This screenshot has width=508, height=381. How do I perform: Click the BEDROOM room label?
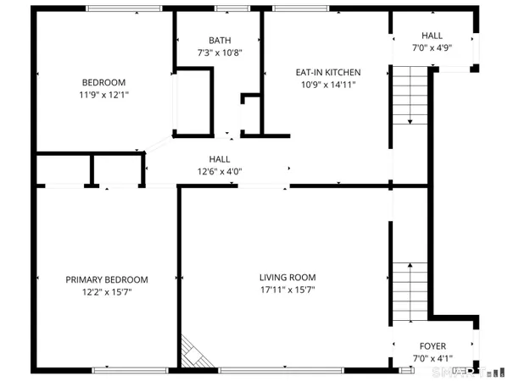(x=103, y=82)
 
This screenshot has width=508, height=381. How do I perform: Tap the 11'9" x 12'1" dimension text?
(x=103, y=95)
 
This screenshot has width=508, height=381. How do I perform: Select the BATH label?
(x=220, y=41)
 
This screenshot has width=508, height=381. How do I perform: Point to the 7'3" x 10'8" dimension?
(x=220, y=53)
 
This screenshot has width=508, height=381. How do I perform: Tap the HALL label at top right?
(x=432, y=35)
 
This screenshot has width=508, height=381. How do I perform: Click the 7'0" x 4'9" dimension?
(x=432, y=47)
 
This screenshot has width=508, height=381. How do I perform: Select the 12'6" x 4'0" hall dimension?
(x=220, y=172)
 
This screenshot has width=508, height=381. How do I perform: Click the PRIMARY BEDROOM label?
(x=107, y=279)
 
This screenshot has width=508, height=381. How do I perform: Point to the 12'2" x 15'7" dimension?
(x=107, y=292)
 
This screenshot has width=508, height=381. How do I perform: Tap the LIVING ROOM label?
(x=287, y=277)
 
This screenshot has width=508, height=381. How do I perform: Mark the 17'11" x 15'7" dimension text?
(x=287, y=290)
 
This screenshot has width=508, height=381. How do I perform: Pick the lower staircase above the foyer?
(x=409, y=292)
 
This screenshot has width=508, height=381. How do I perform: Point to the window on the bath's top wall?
(x=226, y=9)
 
